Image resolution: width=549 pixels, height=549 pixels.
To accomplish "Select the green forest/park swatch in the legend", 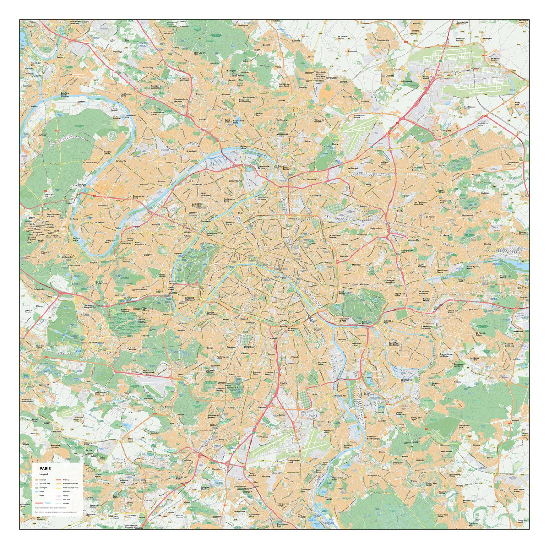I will click(37, 488).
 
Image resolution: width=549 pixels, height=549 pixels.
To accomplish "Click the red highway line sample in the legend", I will click(58, 480).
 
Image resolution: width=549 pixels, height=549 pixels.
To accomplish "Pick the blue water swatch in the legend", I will click(37, 492).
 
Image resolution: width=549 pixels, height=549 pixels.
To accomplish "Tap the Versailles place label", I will click(93, 342).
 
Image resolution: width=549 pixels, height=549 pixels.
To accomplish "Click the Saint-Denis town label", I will click(285, 168).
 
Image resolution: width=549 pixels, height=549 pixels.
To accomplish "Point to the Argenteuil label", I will click(191, 151).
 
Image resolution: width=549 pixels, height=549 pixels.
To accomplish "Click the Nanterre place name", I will click(156, 225).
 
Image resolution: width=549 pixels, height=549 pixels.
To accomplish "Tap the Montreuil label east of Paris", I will click(357, 265).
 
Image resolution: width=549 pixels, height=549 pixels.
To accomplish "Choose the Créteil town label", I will click(368, 377).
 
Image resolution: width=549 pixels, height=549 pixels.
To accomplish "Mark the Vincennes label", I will click(364, 284).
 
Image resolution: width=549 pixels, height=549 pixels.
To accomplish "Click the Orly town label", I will click(329, 422).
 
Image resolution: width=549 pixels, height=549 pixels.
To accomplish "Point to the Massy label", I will click(221, 439).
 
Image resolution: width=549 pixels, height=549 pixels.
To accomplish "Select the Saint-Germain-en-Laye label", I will click(54, 215).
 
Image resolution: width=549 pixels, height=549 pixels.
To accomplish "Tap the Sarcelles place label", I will click(303, 87).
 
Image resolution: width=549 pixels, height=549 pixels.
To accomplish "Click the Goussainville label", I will click(383, 40).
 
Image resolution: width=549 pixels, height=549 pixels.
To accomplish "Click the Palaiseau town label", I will click(187, 460).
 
